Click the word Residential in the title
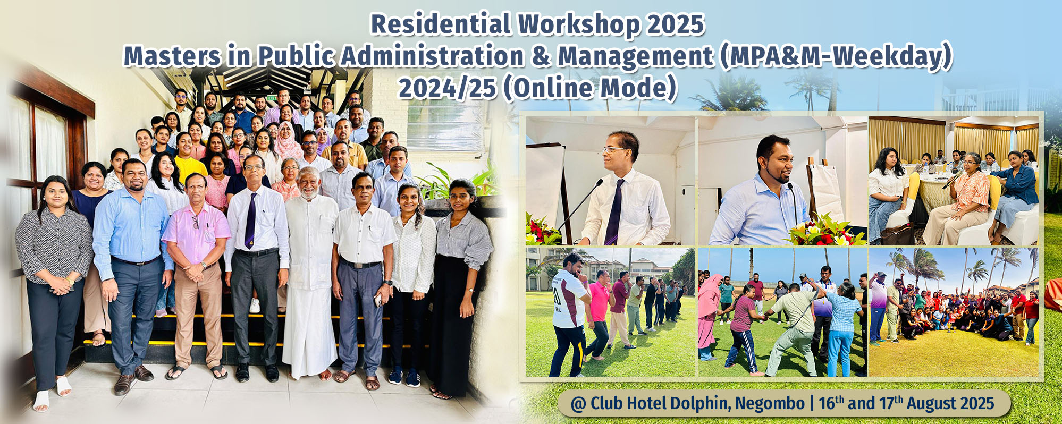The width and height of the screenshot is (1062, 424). click(x=441, y=24)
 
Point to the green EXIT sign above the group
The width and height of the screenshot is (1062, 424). click(x=272, y=98)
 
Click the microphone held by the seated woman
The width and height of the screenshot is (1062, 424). click(x=952, y=180)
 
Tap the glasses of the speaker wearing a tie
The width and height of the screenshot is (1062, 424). click(x=614, y=150)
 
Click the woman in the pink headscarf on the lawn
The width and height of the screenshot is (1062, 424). click(x=709, y=316)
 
